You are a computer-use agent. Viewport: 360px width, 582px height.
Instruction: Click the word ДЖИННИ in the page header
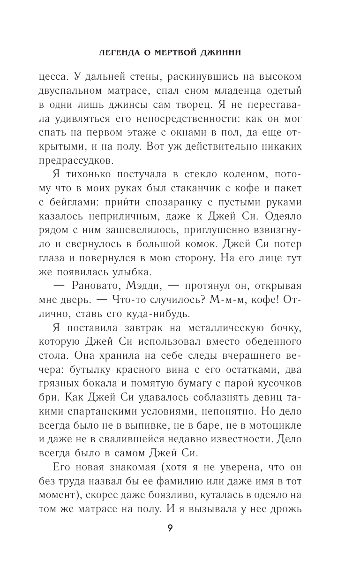(230, 53)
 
